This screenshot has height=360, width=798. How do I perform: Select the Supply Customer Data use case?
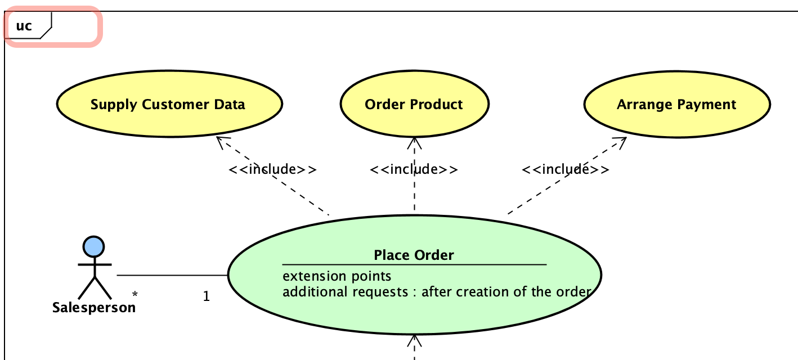(168, 105)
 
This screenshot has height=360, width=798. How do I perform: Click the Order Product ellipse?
(414, 105)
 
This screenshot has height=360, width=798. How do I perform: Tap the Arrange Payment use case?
(676, 105)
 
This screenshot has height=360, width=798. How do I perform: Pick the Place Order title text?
(414, 255)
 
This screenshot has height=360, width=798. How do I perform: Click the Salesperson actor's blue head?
(93, 247)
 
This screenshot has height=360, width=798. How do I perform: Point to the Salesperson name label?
(94, 308)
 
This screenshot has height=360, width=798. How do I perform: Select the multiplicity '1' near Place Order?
(207, 296)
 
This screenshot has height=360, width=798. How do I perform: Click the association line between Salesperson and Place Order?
(172, 275)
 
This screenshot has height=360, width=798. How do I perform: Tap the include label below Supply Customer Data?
(272, 169)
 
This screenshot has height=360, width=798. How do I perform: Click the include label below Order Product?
(414, 169)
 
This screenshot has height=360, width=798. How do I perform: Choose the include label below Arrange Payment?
(565, 169)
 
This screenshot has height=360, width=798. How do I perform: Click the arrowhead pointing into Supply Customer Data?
(221, 141)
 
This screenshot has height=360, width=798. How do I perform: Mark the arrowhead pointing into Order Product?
(415, 142)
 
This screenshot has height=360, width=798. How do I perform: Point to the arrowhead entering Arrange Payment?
(621, 142)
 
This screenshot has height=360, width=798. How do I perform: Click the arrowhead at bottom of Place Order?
(415, 340)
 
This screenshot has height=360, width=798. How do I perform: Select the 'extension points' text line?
(337, 276)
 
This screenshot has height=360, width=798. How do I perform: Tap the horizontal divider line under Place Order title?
(414, 264)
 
